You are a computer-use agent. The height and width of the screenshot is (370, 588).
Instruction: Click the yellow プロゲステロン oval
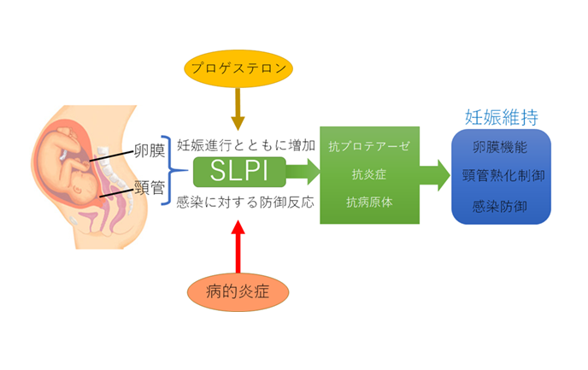pyautogui.click(x=238, y=68)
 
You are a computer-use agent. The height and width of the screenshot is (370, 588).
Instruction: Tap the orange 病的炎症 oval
pyautogui.click(x=239, y=291)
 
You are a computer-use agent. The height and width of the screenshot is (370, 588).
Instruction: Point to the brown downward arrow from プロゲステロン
pyautogui.click(x=238, y=109)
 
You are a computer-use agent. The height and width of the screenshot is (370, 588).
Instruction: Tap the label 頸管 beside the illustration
pyautogui.click(x=150, y=189)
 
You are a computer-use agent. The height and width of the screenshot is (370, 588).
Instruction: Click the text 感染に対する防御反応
pyautogui.click(x=246, y=203)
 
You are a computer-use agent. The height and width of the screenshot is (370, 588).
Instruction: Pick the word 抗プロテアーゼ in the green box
pyautogui.click(x=369, y=146)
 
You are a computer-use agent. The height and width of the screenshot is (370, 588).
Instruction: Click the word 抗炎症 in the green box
pyautogui.click(x=368, y=174)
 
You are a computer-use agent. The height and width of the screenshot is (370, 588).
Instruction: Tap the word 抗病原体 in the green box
pyautogui.click(x=368, y=203)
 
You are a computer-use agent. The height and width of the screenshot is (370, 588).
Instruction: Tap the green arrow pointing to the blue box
pyautogui.click(x=434, y=174)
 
